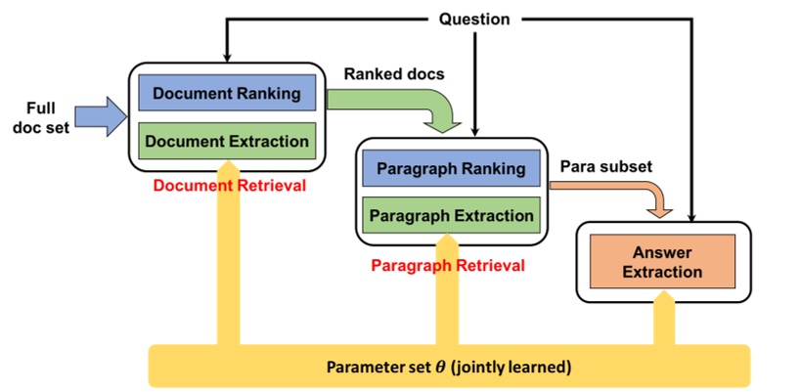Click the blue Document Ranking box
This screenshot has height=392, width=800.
[227, 94]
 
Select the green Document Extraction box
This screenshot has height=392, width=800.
[227, 140]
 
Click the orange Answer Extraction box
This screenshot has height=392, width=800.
[662, 261]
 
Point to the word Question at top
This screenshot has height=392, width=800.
[474, 19]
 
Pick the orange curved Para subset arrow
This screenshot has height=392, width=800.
[645, 196]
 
